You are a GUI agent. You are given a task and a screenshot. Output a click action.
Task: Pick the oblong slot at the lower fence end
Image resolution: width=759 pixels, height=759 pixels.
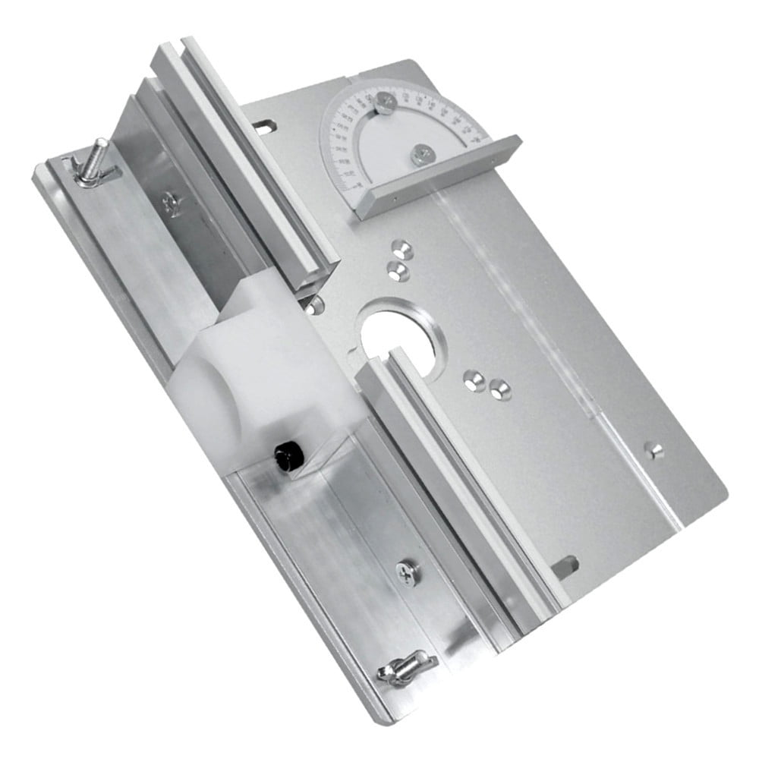click(x=565, y=565)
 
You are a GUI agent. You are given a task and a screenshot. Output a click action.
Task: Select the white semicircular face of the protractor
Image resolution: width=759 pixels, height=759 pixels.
click(x=395, y=144)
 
